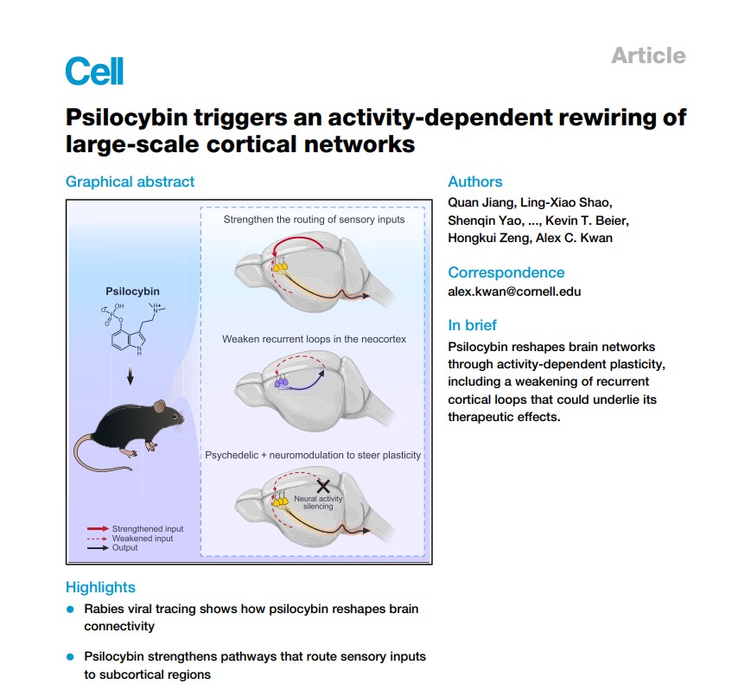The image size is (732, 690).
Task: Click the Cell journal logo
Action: coord(94,70)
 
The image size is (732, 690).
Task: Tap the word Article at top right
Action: coord(647,55)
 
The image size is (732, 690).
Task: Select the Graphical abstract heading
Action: coord(130,182)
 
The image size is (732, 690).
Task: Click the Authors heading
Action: coord(474,182)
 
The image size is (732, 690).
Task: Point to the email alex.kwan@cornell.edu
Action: coord(514,291)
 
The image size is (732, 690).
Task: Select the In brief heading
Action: coord(472,325)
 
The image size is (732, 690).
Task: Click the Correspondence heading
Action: coord(506,272)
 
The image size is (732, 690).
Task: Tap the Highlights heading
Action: coord(100,587)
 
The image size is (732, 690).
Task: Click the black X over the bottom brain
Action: coord(323,486)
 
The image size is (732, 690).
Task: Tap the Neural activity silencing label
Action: coord(318,502)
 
